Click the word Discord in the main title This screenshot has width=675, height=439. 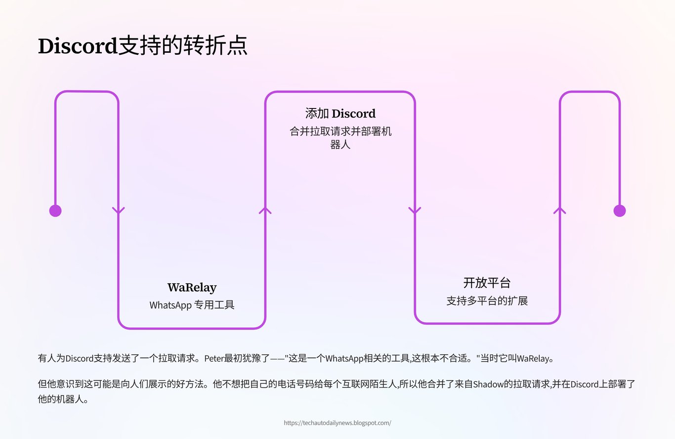[78, 46]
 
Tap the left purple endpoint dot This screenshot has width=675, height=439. [55, 211]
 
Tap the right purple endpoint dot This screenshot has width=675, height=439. [620, 211]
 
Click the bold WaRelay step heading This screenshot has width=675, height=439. [192, 288]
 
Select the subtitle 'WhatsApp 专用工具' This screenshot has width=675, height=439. [192, 305]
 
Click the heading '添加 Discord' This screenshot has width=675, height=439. [340, 113]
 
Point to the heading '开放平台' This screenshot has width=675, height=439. [487, 283]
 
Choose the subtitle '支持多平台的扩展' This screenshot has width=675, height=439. [487, 301]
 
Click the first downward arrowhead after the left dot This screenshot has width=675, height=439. [119, 210]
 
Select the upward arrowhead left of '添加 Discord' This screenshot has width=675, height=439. [265, 210]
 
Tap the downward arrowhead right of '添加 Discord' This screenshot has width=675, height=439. [415, 210]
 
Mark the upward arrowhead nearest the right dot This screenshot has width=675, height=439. [559, 210]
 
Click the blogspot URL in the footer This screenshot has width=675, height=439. [337, 423]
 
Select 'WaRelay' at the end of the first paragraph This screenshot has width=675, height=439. [533, 359]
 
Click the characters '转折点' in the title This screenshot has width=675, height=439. [215, 46]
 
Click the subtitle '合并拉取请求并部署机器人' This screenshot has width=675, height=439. [340, 138]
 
